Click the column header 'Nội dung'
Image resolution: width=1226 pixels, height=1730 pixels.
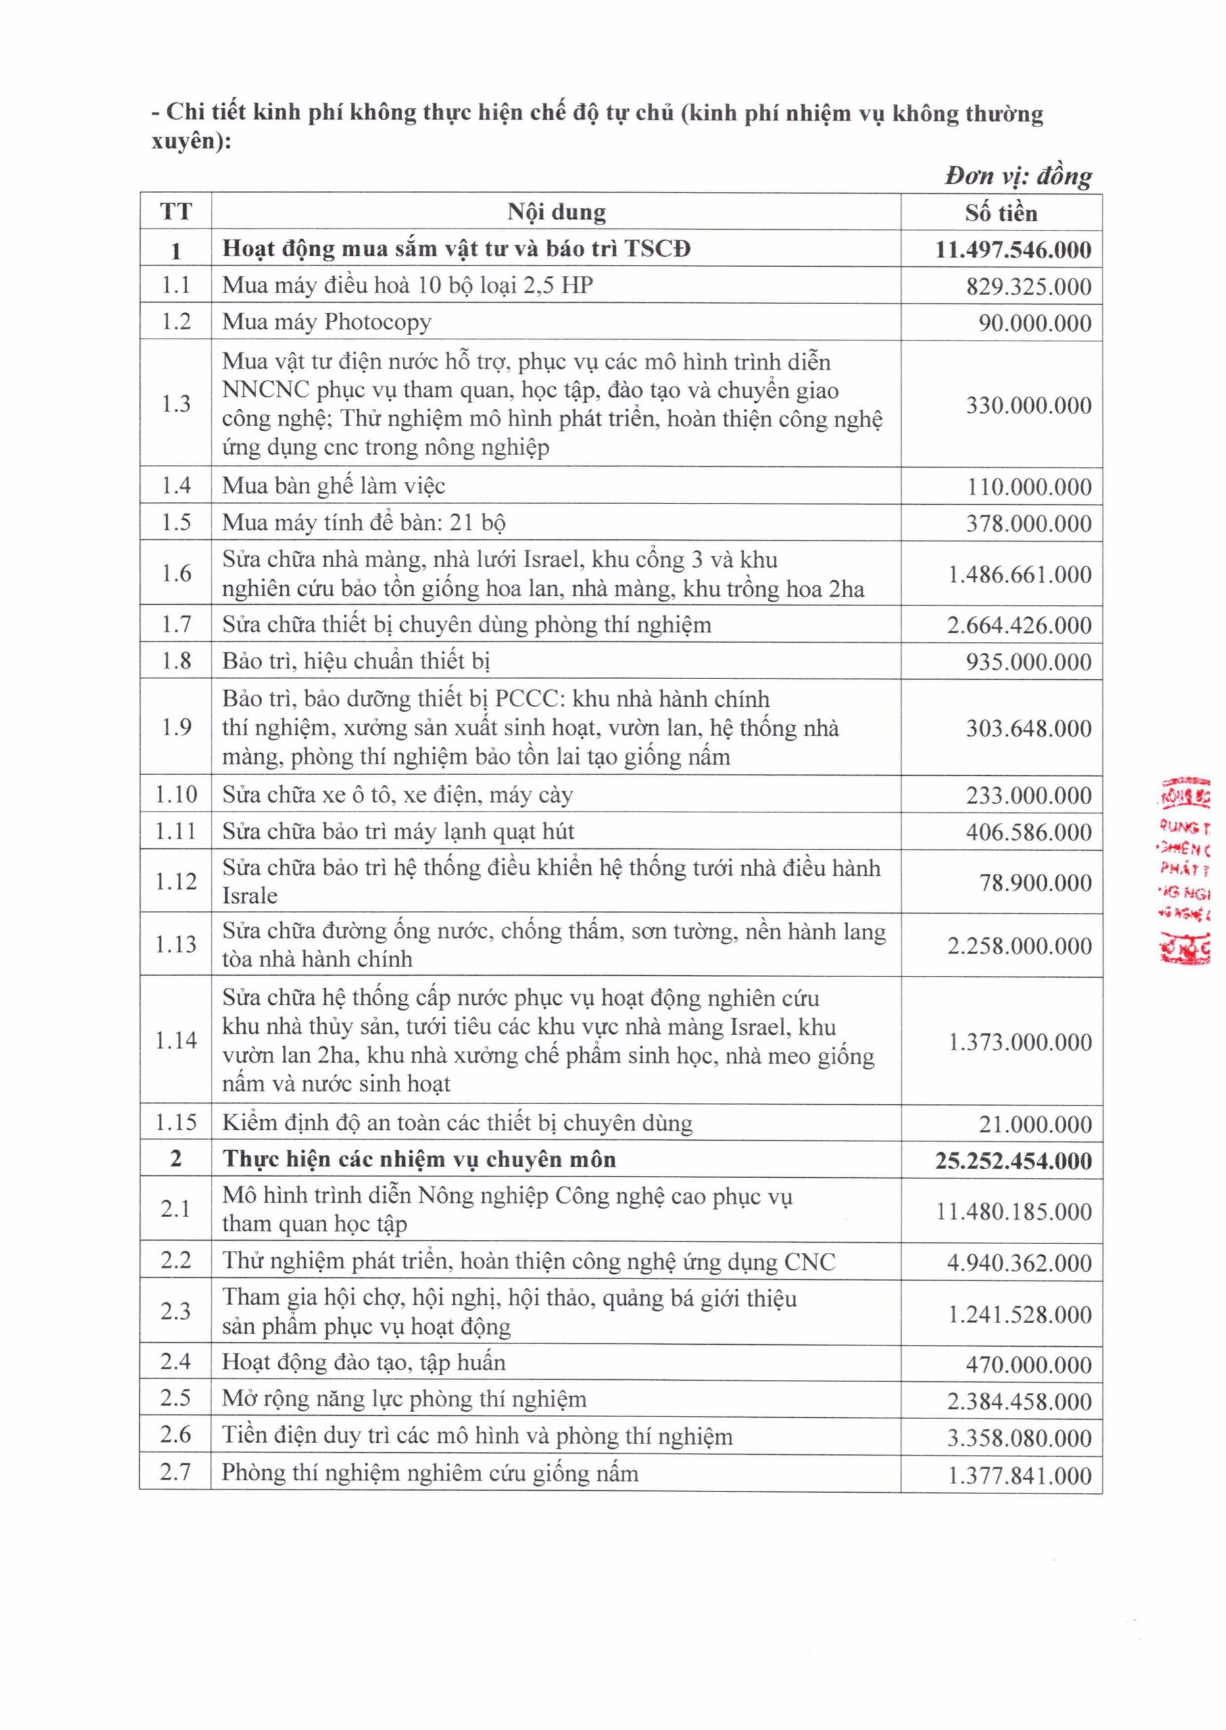[x=556, y=212]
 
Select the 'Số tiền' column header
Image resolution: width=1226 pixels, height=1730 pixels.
[x=1000, y=213]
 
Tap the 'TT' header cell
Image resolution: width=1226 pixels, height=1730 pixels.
[x=175, y=212]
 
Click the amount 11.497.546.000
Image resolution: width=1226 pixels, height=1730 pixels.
[x=1012, y=250]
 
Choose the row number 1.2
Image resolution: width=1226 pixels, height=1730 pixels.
[x=175, y=322]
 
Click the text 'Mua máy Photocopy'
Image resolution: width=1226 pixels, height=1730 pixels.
[x=326, y=322]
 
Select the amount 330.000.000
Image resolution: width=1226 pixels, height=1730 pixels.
[x=1028, y=405]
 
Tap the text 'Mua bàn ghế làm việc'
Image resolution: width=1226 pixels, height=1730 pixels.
[x=333, y=485]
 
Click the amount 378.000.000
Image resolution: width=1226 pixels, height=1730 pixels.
[x=1028, y=523]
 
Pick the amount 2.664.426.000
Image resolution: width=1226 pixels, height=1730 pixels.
[x=1019, y=625]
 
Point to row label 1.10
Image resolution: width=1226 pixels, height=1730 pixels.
[x=175, y=794]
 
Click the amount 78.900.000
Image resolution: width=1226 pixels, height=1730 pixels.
[x=1035, y=882]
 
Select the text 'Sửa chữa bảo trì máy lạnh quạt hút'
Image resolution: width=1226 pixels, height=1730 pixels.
[x=398, y=831]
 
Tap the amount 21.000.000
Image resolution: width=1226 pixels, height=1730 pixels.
[x=1035, y=1124]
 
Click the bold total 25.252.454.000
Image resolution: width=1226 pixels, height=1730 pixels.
[x=1012, y=1160]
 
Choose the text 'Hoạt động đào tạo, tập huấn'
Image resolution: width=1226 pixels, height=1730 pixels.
[x=363, y=1362]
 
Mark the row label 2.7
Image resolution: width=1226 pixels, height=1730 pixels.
[x=175, y=1472]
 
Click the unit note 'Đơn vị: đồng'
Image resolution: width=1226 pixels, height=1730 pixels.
[x=1017, y=176]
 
